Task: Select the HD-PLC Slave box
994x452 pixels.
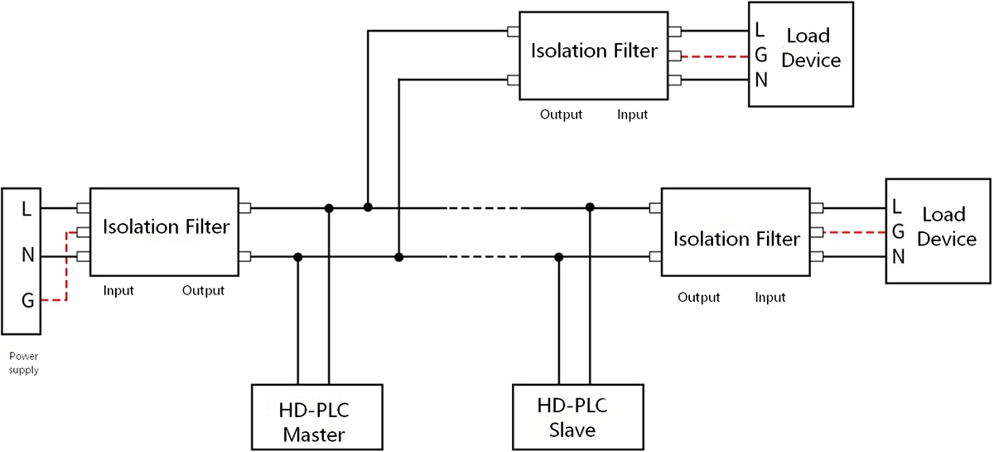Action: click(x=577, y=417)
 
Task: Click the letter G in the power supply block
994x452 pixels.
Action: click(x=27, y=301)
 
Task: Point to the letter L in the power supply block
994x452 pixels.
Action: click(x=27, y=210)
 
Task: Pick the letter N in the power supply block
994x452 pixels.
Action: click(x=27, y=255)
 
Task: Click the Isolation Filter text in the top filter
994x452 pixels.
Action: click(x=594, y=51)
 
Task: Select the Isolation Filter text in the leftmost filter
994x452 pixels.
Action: click(x=166, y=226)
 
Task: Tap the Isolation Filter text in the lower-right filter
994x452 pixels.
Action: click(x=736, y=239)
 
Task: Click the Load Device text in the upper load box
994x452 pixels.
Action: click(x=811, y=48)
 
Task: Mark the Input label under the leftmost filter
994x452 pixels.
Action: click(x=118, y=291)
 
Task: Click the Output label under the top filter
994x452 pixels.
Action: click(x=562, y=114)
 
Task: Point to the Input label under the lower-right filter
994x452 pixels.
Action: click(x=770, y=297)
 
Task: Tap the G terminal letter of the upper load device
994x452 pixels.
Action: click(x=760, y=56)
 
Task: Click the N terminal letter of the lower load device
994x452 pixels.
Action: click(x=898, y=256)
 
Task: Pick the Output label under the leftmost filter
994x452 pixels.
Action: click(x=203, y=291)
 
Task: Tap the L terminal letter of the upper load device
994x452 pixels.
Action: click(x=760, y=32)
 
